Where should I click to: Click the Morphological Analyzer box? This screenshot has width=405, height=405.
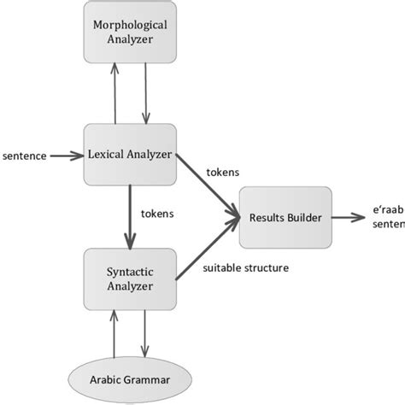click(131, 32)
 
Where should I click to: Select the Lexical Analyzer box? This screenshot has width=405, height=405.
click(131, 155)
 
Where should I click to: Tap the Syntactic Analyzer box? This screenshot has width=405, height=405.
click(131, 279)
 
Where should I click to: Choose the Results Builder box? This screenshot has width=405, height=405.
click(286, 217)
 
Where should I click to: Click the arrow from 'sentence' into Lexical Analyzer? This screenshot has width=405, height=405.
click(67, 156)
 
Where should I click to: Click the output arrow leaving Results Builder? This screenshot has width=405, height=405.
click(351, 217)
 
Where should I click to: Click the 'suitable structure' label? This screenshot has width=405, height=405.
click(245, 268)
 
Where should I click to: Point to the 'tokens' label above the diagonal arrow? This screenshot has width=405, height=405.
click(223, 172)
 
